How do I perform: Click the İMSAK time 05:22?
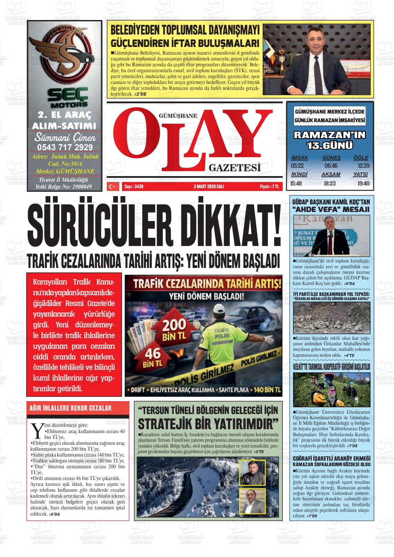[x=297, y=166]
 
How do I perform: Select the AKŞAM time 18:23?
[x=330, y=183]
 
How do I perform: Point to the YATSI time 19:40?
[x=361, y=183]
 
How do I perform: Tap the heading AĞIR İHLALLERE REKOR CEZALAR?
[x=72, y=408]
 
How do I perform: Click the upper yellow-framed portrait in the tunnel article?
[x=252, y=472]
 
